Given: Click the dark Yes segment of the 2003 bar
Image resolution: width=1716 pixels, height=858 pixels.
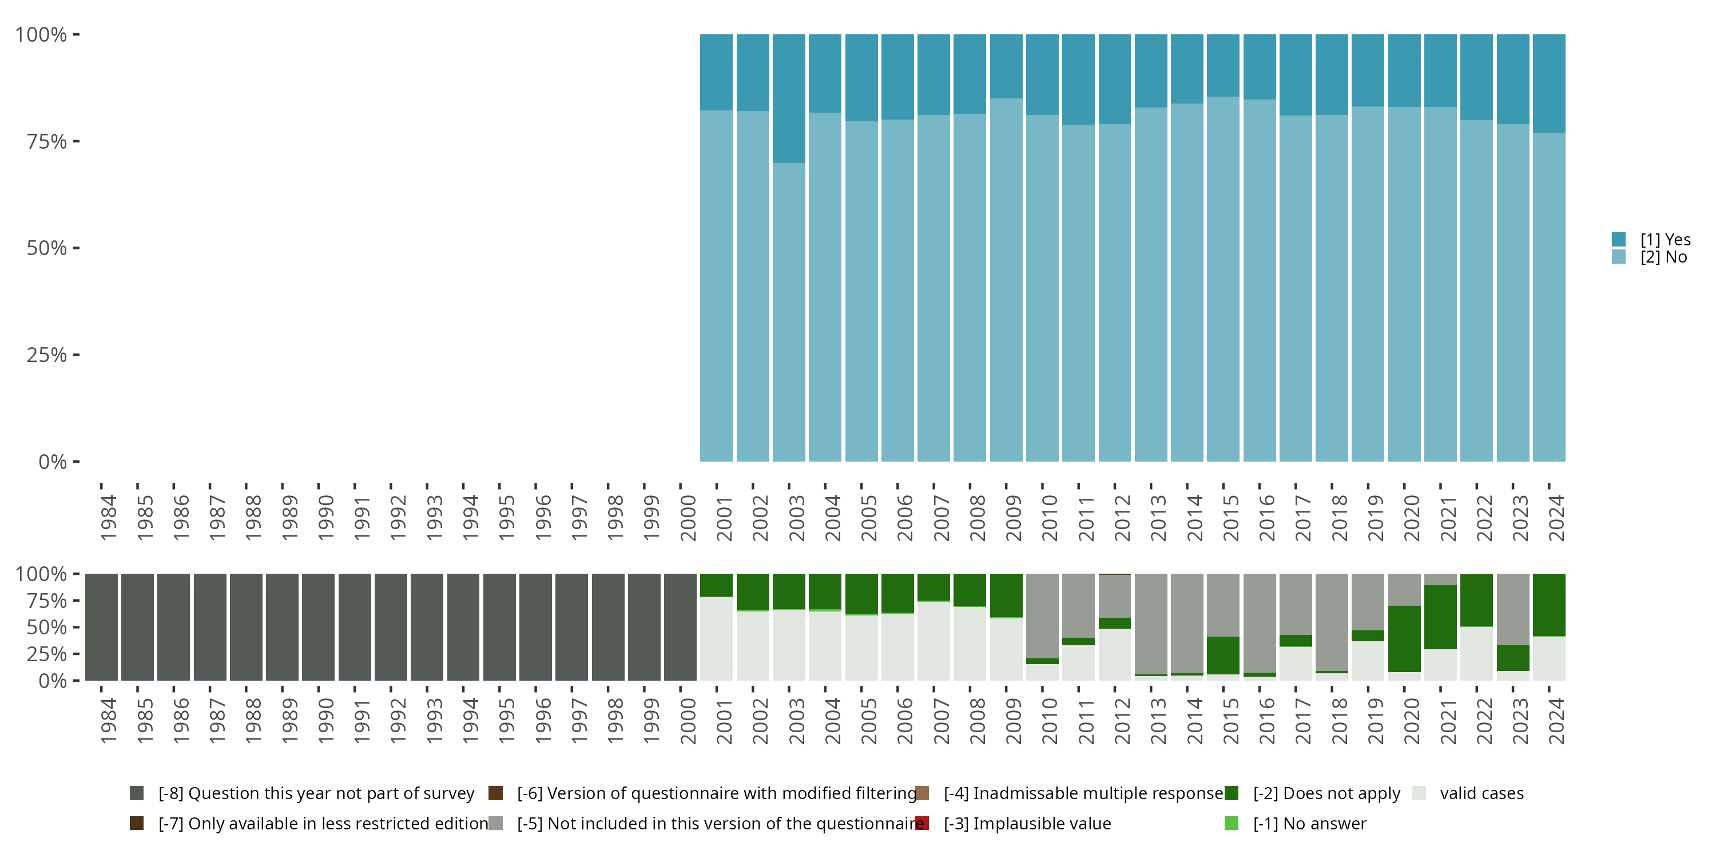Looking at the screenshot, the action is (x=789, y=98).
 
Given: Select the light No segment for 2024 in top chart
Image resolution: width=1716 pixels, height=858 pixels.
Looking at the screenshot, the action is (x=1549, y=297).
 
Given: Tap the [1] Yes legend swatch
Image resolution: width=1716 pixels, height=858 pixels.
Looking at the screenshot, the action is (x=1619, y=239).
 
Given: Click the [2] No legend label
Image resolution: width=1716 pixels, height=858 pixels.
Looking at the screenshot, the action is (x=1663, y=257).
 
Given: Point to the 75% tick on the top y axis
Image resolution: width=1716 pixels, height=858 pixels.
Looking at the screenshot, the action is (x=77, y=141).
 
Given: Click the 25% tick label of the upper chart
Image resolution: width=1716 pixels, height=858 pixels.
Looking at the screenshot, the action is (x=47, y=355).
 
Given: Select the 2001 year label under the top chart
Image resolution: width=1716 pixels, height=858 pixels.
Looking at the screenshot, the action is (x=724, y=518).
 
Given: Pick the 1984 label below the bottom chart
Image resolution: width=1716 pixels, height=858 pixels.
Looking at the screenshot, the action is (x=109, y=721).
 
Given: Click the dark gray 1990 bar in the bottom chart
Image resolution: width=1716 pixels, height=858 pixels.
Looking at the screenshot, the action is (x=319, y=627).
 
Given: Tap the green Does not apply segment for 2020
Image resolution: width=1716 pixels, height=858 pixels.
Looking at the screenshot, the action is (x=1404, y=639).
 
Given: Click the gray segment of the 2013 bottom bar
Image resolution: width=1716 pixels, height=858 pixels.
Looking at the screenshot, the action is (x=1151, y=623).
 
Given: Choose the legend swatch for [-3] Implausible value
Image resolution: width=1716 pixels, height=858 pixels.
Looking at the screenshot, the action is (x=922, y=823).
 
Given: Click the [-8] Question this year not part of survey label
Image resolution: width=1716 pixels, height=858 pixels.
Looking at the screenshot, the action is (x=316, y=793).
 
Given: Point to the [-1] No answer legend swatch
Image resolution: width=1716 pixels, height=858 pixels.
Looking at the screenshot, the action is (x=1231, y=823).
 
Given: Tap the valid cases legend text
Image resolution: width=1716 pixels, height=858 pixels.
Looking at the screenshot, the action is (x=1481, y=793).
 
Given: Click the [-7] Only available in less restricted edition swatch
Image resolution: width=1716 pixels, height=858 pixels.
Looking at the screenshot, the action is (x=137, y=823).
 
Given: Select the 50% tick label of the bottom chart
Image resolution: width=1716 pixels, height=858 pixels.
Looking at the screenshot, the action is (x=47, y=627).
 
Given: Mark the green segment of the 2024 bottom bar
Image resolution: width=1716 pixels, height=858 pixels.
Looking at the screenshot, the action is (x=1549, y=605).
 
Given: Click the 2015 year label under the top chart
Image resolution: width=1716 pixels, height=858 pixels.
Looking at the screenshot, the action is (x=1230, y=518).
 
